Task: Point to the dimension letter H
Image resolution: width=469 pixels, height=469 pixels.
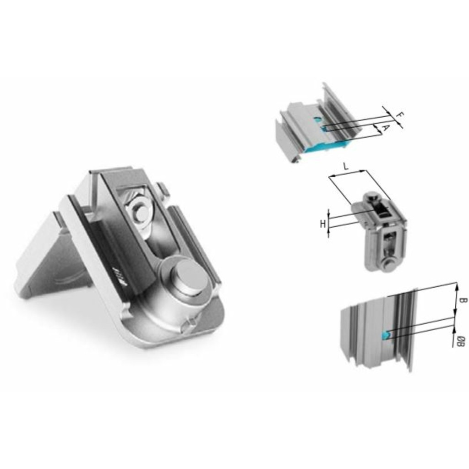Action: tap(322, 224)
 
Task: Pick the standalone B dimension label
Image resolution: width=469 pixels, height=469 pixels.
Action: tap(463, 301)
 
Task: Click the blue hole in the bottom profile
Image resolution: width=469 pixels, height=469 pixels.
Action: tap(386, 335)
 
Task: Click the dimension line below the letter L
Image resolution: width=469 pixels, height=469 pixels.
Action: tap(347, 175)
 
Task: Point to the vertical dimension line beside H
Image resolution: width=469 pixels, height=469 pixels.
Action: tap(329, 224)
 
